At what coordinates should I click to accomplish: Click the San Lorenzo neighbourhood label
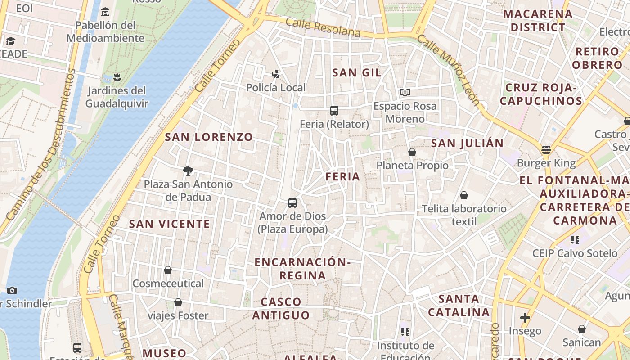(x=209, y=137)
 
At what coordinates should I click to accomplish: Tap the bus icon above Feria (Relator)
(x=334, y=111)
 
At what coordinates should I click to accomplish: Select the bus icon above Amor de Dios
(x=292, y=203)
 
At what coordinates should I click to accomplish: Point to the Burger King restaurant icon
(x=546, y=150)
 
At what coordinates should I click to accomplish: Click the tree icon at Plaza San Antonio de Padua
(x=188, y=171)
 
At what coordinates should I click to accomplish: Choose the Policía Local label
(x=275, y=88)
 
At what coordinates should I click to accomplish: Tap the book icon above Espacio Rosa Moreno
(x=405, y=93)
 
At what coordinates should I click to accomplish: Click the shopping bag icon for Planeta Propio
(x=412, y=153)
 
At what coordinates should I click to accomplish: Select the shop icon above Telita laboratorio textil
(x=463, y=196)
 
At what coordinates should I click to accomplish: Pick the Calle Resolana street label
(x=323, y=28)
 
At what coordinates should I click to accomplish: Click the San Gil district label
(x=356, y=73)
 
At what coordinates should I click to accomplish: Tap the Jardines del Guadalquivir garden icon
(x=117, y=77)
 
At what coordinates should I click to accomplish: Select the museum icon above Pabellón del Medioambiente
(x=105, y=12)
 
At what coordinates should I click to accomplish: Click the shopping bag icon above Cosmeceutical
(x=168, y=270)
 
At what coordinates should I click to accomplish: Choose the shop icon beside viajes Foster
(x=178, y=302)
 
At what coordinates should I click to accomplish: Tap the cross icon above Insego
(x=525, y=318)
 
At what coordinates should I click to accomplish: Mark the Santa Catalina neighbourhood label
(x=459, y=305)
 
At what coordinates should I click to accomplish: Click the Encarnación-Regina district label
(x=302, y=269)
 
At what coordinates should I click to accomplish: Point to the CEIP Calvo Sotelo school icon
(x=575, y=240)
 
